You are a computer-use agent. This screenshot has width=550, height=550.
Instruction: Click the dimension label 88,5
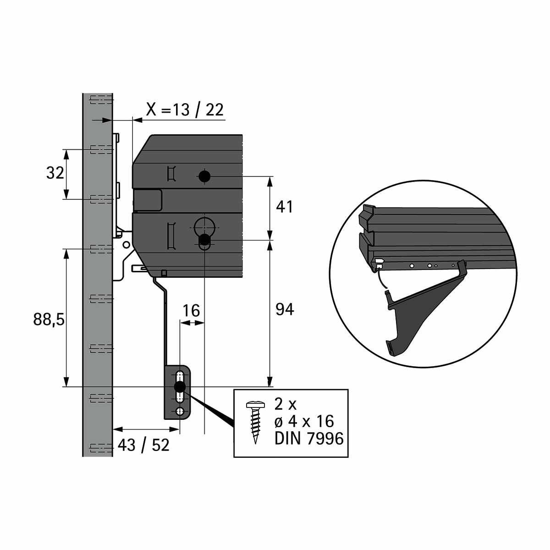[x=49, y=319]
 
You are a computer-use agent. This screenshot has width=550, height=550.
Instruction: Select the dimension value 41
[x=284, y=207]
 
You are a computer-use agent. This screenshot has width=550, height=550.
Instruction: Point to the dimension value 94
[x=285, y=309]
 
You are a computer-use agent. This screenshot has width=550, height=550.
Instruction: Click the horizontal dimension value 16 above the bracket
[x=191, y=311]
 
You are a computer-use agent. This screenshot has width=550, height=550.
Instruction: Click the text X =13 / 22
[x=185, y=110]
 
